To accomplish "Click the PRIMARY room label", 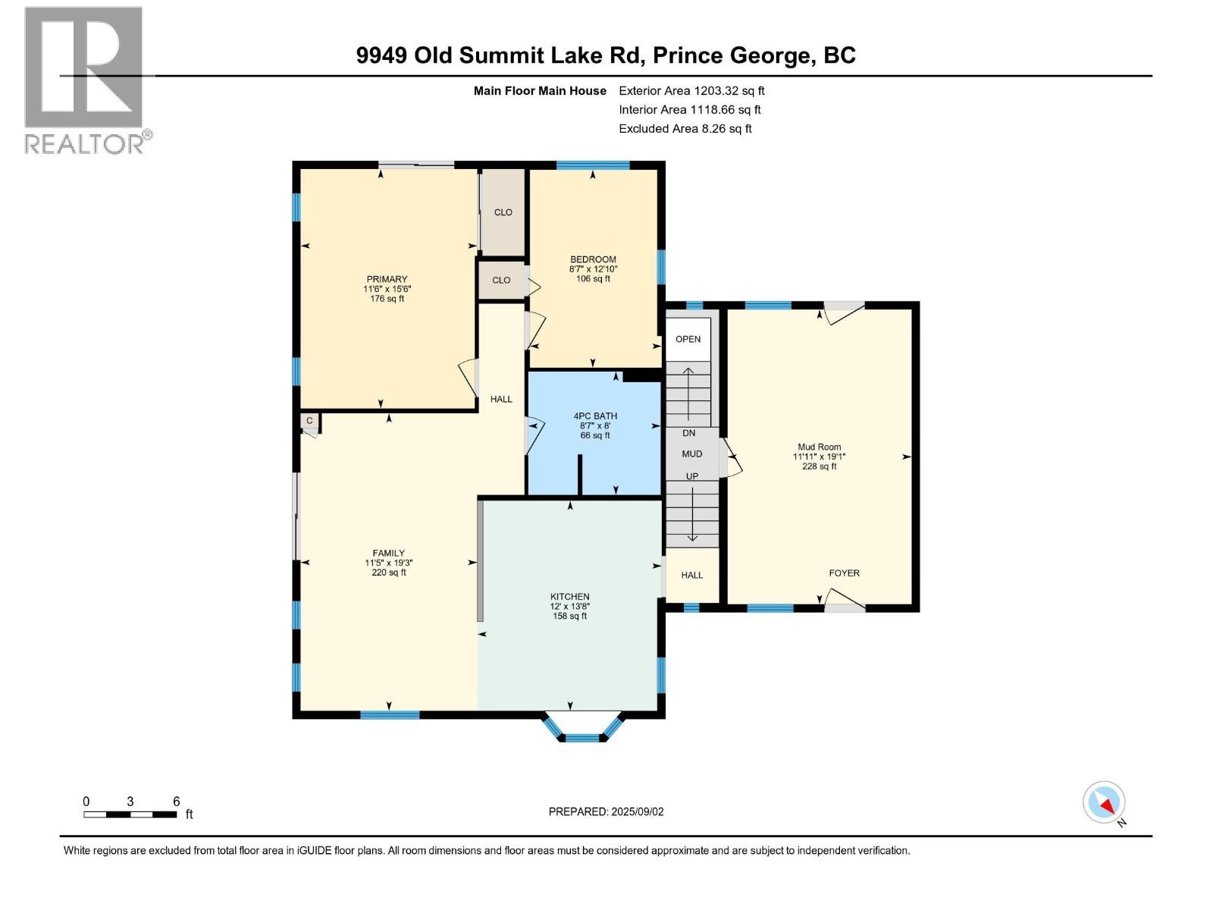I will (387, 280).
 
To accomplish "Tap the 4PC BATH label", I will (595, 416).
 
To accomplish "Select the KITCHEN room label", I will (569, 597).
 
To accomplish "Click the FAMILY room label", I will (388, 554).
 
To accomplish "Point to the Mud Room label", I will (819, 447).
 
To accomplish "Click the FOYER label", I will (844, 573).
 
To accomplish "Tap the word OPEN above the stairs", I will (688, 339).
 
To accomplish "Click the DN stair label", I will (688, 433).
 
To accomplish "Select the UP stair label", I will (691, 476).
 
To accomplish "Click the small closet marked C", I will (309, 420).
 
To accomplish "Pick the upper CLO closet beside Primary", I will (503, 212).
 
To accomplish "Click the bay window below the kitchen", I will (583, 728).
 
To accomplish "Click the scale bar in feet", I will (131, 814).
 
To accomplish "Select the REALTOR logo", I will (85, 80).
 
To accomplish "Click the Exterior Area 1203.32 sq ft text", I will (691, 91).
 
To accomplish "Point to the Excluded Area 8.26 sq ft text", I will (685, 129).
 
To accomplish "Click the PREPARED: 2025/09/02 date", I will (606, 811).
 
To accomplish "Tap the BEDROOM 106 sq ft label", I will (593, 269).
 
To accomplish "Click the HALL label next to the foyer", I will (691, 576).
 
